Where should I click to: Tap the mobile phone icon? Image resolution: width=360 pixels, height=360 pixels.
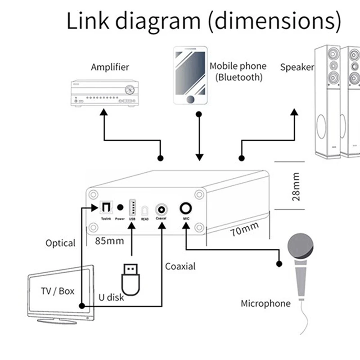(190, 76)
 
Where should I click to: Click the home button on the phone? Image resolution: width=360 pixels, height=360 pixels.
(191, 99)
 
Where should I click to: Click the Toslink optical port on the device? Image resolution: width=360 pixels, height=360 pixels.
(105, 208)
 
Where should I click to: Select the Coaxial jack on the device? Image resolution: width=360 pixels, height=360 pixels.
(161, 208)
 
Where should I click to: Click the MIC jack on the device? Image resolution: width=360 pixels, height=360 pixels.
(186, 208)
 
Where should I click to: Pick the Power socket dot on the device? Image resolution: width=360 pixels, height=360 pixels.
(120, 207)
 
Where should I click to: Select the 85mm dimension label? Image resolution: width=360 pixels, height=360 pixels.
(109, 241)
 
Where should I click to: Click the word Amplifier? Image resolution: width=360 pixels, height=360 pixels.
(110, 67)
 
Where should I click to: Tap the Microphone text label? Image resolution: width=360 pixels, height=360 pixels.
(265, 303)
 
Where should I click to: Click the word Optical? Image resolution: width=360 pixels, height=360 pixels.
(60, 243)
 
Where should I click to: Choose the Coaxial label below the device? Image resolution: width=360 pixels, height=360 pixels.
(180, 266)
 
